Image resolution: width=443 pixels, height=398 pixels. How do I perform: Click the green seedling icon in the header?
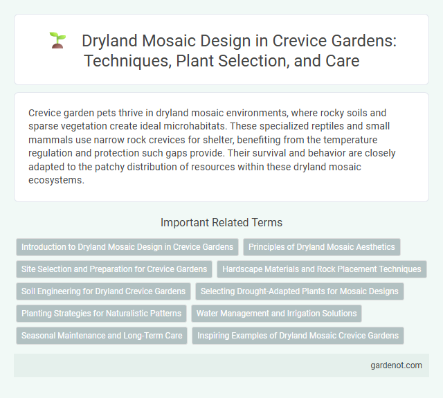coord(57,42)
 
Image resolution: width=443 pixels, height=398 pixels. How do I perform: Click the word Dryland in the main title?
coord(109,41)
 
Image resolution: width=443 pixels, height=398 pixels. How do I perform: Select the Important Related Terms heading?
coord(221,222)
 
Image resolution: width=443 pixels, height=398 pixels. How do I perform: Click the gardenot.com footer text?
coord(396,365)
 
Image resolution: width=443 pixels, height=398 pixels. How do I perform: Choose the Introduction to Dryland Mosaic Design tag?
coord(127,246)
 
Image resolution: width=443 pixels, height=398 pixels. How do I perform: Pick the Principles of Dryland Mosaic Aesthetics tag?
coord(321,246)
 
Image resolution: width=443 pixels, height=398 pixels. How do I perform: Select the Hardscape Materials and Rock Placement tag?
coord(322,269)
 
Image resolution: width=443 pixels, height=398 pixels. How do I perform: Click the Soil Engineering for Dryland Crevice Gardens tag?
coord(102,291)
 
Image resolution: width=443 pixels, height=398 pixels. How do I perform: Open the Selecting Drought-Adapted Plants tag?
coord(299,291)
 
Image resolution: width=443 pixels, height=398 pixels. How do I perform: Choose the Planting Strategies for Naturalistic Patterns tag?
coord(101,314)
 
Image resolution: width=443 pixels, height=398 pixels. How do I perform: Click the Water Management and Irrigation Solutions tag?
coord(276,314)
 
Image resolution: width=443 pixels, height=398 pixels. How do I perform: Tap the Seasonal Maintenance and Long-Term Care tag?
coord(101,336)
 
